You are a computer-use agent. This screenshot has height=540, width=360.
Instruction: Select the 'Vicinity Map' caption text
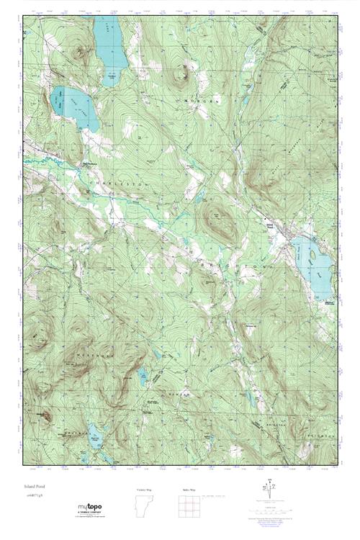144,489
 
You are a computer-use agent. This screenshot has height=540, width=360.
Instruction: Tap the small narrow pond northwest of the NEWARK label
143,374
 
